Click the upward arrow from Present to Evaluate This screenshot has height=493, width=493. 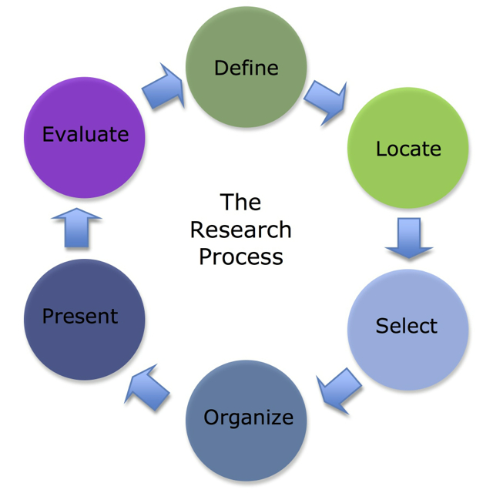[x=77, y=227]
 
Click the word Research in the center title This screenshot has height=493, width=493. [x=240, y=230]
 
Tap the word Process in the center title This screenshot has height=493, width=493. [x=240, y=257]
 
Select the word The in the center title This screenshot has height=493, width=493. [x=240, y=203]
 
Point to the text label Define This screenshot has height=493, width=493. [x=246, y=68]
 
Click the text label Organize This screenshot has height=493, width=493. [x=248, y=418]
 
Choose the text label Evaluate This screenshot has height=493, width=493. [x=85, y=135]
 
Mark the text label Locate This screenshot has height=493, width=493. [x=408, y=149]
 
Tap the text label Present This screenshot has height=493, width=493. [x=80, y=317]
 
